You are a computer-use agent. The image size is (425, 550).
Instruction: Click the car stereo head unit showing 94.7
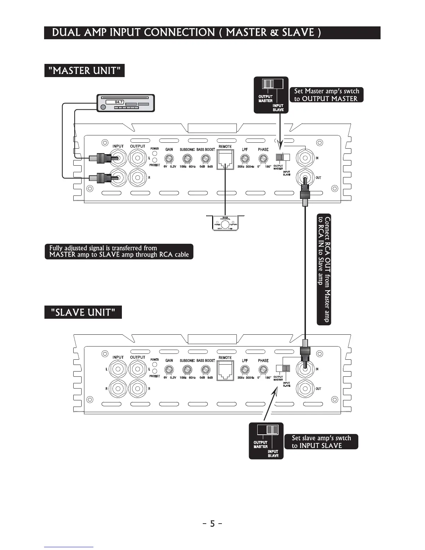tap(125, 103)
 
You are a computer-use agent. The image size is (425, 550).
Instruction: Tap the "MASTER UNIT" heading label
tap(84, 70)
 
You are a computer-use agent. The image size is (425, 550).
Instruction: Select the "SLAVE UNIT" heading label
tap(83, 312)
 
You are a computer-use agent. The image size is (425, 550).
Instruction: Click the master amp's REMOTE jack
tap(225, 160)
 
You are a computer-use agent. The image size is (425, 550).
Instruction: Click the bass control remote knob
tap(225, 225)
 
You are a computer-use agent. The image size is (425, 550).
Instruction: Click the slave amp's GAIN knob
tap(169, 370)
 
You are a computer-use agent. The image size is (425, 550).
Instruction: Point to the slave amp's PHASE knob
tap(263, 370)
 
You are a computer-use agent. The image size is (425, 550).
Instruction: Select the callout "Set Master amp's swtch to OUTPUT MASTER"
tap(326, 95)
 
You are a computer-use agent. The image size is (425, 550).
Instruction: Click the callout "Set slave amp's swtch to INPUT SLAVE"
tap(321, 442)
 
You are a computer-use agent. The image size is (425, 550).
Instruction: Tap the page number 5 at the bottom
tap(212, 523)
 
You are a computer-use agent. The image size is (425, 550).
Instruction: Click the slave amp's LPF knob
tap(245, 370)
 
